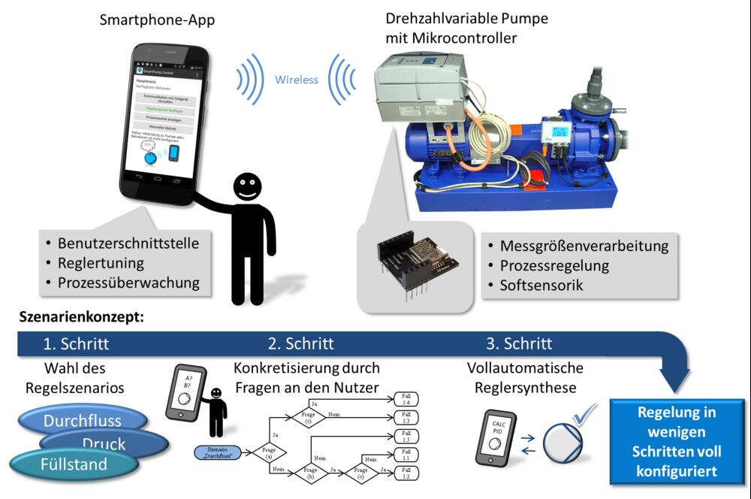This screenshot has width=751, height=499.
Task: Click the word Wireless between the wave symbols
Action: pyautogui.click(x=297, y=80)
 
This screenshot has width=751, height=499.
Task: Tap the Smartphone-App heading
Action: pyautogui.click(x=157, y=20)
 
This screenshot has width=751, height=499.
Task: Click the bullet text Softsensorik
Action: pyautogui.click(x=538, y=286)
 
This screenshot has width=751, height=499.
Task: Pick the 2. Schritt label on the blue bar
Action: pyautogui.click(x=300, y=344)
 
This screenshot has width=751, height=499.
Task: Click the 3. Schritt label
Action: pyautogui.click(x=518, y=344)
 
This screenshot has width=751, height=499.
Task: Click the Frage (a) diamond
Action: pyautogui.click(x=269, y=453)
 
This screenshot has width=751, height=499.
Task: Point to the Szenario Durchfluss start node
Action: pyautogui.click(x=218, y=453)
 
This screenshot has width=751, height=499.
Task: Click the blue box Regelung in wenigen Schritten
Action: pyautogui.click(x=676, y=442)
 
